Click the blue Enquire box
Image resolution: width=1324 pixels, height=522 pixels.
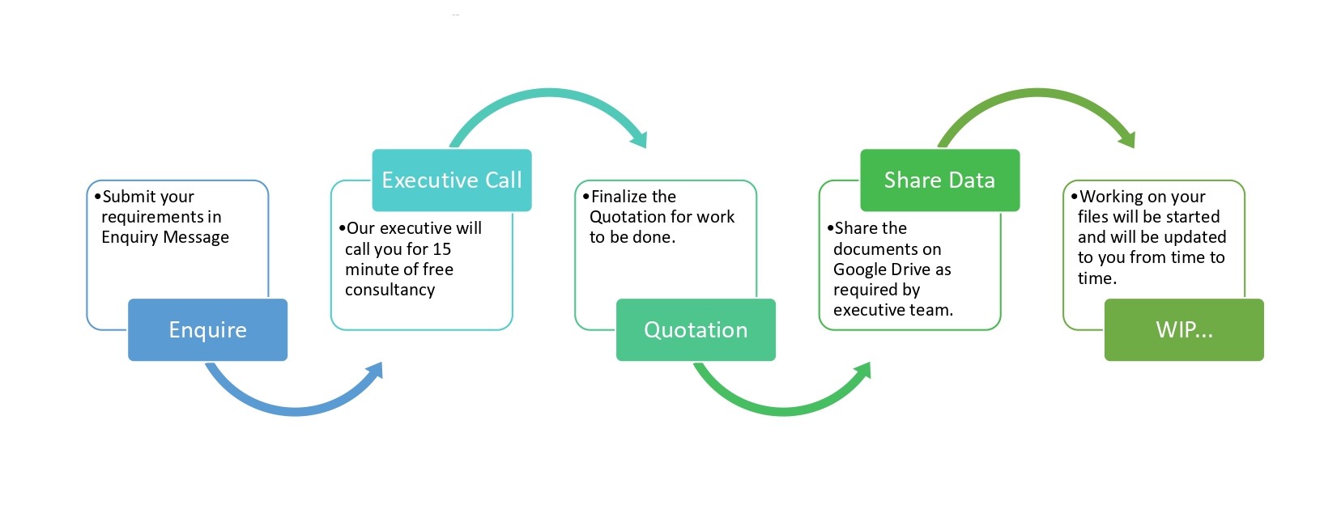pyautogui.click(x=207, y=329)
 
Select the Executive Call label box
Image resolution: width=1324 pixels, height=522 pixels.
pyautogui.click(x=452, y=180)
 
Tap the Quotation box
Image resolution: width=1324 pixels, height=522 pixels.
pyautogui.click(x=696, y=329)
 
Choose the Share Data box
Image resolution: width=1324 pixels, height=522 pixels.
pyautogui.click(x=940, y=180)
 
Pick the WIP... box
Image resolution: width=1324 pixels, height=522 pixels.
pyautogui.click(x=1184, y=329)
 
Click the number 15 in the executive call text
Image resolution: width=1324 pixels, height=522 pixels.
pyautogui.click(x=441, y=249)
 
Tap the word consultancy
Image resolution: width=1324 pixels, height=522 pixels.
pyautogui.click(x=390, y=290)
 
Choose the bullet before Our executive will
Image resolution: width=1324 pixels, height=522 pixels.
pyautogui.click(x=343, y=228)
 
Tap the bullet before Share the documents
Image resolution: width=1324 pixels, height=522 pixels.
pyautogui.click(x=831, y=228)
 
